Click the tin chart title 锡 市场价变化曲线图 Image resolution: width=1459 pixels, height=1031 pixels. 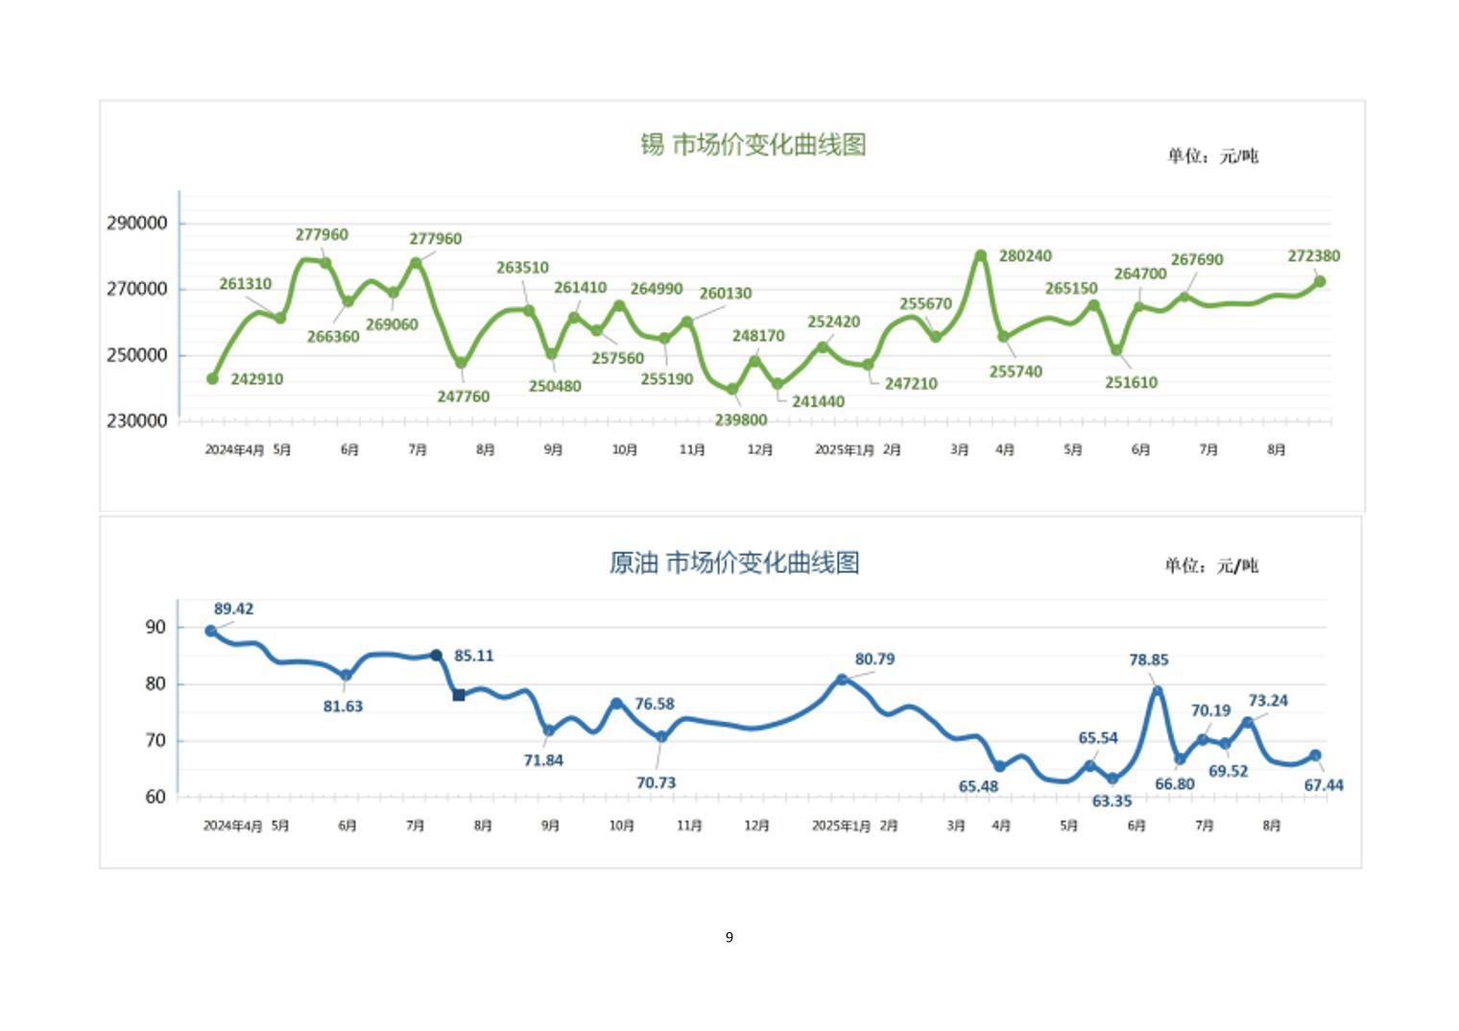[753, 145]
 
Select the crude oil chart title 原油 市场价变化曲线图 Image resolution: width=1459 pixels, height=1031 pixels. [734, 563]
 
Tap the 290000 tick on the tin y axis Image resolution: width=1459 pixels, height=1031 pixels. [136, 223]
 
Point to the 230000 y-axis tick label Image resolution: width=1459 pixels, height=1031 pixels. [136, 420]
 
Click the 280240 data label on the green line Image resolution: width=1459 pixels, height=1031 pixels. [1025, 255]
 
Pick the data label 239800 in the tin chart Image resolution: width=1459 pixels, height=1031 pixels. [740, 420]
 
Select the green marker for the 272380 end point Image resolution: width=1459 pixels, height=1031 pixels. [1320, 281]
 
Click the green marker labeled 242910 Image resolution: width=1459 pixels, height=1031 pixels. [213, 378]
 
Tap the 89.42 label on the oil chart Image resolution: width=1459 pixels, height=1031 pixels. [233, 609]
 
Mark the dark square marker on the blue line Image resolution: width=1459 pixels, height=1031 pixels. [459, 695]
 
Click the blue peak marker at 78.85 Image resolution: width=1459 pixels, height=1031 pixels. [1158, 691]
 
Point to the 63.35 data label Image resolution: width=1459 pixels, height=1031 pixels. [1112, 801]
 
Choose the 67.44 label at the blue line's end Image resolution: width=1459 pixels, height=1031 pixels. [1324, 785]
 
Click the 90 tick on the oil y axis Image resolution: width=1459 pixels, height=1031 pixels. [155, 627]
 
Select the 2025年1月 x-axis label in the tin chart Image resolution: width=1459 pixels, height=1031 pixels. [844, 449]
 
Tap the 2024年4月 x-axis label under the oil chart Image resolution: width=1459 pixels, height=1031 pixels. [232, 826]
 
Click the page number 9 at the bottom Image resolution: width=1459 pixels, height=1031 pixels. [729, 937]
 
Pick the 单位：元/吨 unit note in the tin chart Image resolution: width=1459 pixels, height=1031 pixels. [1212, 156]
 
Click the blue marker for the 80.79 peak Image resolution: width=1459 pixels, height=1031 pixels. [842, 679]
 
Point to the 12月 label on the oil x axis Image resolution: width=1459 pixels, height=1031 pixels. [756, 826]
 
